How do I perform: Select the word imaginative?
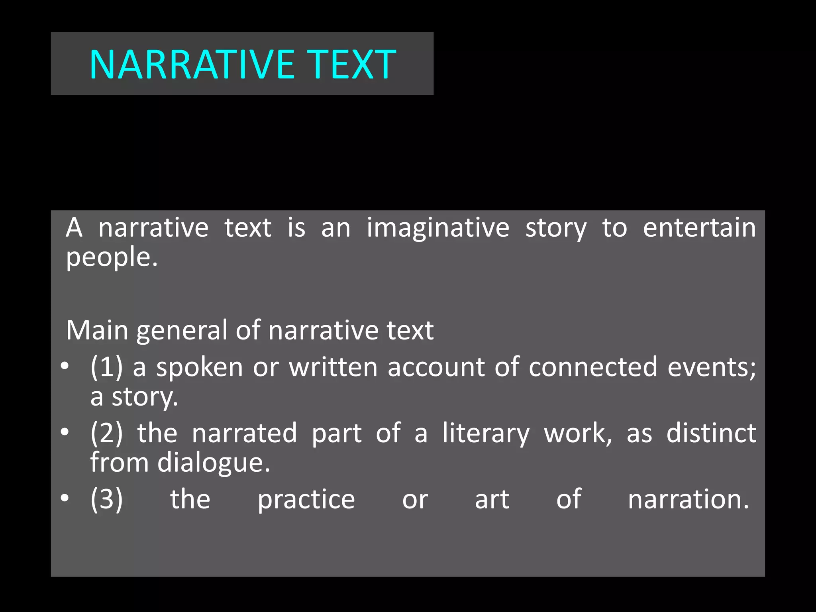coord(438,228)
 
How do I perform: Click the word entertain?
coord(699,228)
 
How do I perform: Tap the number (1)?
coord(106,367)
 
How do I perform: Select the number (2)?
coord(106,433)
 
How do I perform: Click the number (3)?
coord(106,499)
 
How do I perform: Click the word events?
coord(712,367)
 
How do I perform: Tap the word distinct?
coord(711,433)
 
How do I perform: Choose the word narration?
coord(688,499)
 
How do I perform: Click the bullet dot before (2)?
coord(65,432)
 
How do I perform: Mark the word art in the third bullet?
coord(492,499)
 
